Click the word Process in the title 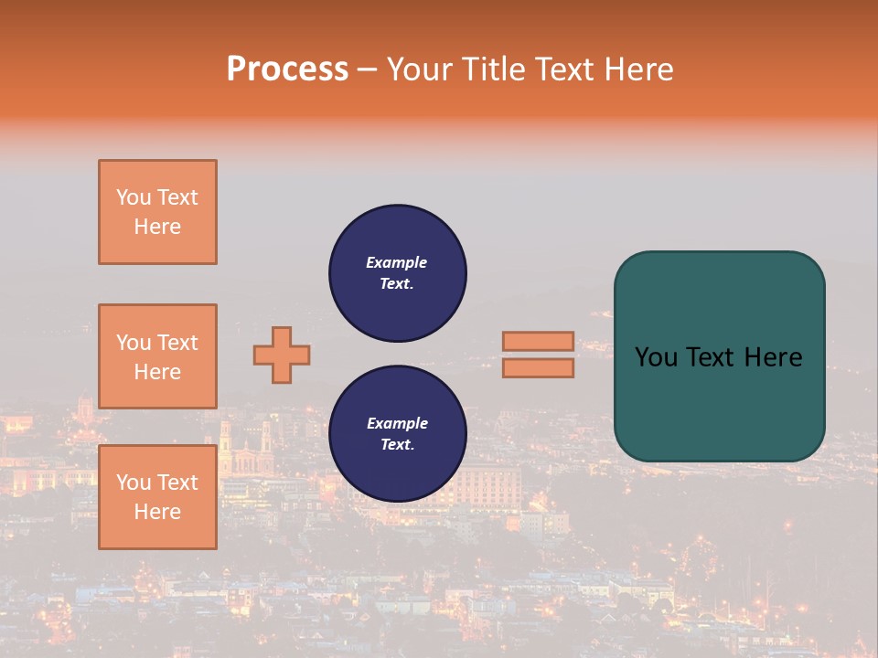click(x=287, y=69)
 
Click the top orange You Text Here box click(x=157, y=212)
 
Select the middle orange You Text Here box click(x=157, y=356)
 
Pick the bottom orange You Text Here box click(x=157, y=497)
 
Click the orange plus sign click(x=282, y=355)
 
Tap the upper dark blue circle click(x=398, y=273)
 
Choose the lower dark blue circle click(x=398, y=433)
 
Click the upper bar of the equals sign click(x=538, y=341)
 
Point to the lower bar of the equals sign click(x=538, y=367)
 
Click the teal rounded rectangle click(x=719, y=356)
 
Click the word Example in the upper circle click(x=397, y=262)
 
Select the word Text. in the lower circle click(x=397, y=445)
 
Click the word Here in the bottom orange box click(x=157, y=512)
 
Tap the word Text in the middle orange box click(x=177, y=343)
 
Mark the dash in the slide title click(x=367, y=69)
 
